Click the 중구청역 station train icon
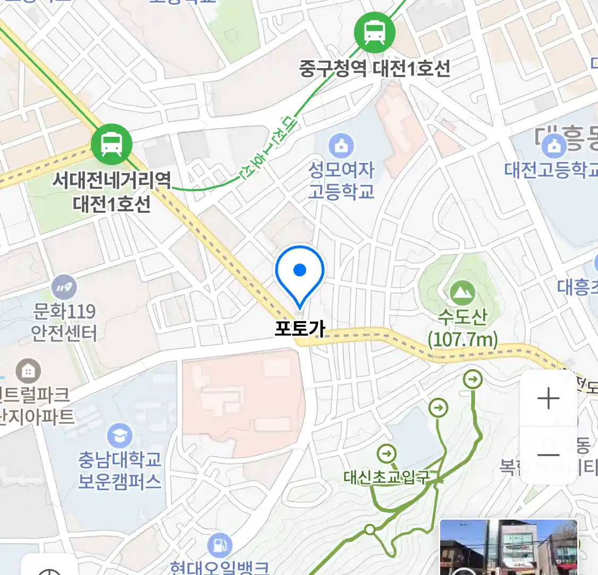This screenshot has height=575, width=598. coord(375,32)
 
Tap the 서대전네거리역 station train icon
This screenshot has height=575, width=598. coord(111,144)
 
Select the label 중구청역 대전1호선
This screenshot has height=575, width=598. coord(375,69)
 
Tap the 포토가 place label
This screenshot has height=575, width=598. coord(300,328)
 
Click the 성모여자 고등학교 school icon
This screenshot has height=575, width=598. coord(341,145)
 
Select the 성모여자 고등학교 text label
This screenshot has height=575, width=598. coord(342,181)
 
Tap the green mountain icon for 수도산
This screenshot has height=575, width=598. coord(462,292)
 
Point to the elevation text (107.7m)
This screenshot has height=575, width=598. coord(463,339)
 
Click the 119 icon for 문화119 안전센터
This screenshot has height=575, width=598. coord(64,287)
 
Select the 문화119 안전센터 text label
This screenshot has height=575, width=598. coord(64,322)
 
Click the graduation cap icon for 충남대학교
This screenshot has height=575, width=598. coord(120,436)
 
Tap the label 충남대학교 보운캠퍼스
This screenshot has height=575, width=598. coord(120,470)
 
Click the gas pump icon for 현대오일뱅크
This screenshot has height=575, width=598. coord(220,545)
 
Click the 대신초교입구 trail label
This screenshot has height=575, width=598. coord(386,477)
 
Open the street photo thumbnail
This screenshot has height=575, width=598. coord(509,547)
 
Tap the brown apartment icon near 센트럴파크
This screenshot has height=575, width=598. coord(28,371)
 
